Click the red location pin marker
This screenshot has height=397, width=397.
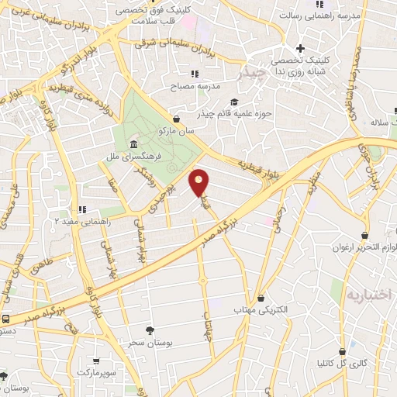click(x=200, y=183)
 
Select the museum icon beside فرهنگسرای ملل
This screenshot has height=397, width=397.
click(x=134, y=145)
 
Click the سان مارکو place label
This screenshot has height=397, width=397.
click(x=174, y=131)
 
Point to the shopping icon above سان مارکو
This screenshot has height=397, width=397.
click(x=178, y=119)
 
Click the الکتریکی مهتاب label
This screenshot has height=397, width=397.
click(x=261, y=309)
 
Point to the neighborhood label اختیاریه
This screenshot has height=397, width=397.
click(x=371, y=294)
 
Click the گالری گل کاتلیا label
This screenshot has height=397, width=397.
click(x=342, y=362)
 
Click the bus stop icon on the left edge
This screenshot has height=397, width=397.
click(x=6, y=319)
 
